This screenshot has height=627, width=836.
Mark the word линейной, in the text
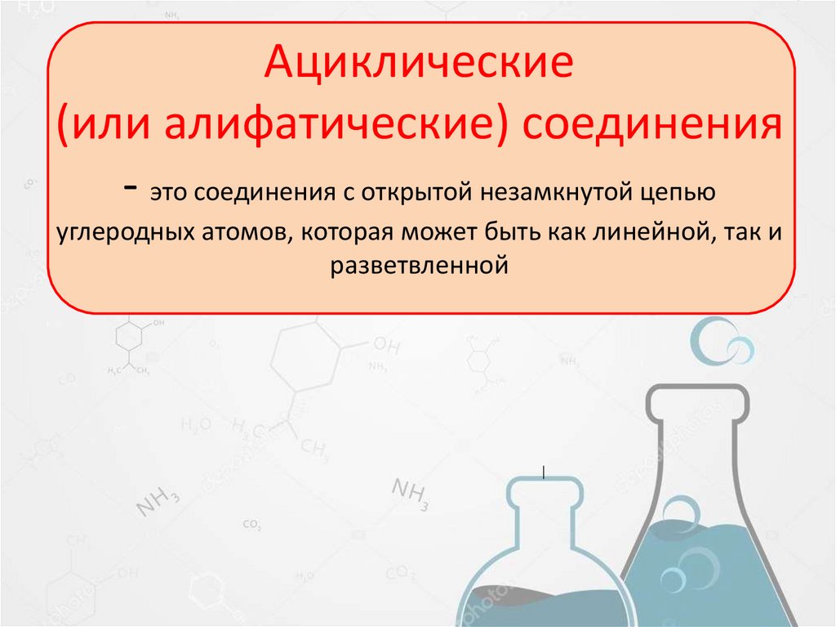644,231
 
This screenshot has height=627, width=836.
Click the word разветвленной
420,266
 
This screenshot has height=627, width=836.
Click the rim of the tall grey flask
697,396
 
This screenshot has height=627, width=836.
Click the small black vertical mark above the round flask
544,472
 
